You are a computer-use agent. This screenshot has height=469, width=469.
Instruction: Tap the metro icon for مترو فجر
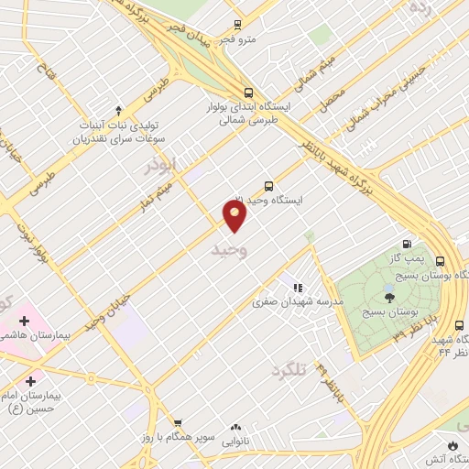(x=238, y=26)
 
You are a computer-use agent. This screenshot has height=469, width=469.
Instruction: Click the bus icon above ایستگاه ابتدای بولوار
(x=248, y=93)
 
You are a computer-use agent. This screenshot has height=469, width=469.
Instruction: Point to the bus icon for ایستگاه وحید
(x=267, y=183)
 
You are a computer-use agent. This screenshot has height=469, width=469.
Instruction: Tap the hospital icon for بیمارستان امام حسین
(x=31, y=380)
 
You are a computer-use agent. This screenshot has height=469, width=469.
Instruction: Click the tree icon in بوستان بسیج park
(x=389, y=295)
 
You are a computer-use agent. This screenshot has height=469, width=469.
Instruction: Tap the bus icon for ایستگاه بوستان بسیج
(x=441, y=260)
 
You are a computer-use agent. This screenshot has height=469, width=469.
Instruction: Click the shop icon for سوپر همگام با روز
(x=177, y=422)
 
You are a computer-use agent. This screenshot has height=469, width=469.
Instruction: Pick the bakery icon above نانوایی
(x=236, y=427)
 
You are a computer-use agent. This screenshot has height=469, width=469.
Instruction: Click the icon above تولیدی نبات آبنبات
(x=118, y=111)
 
